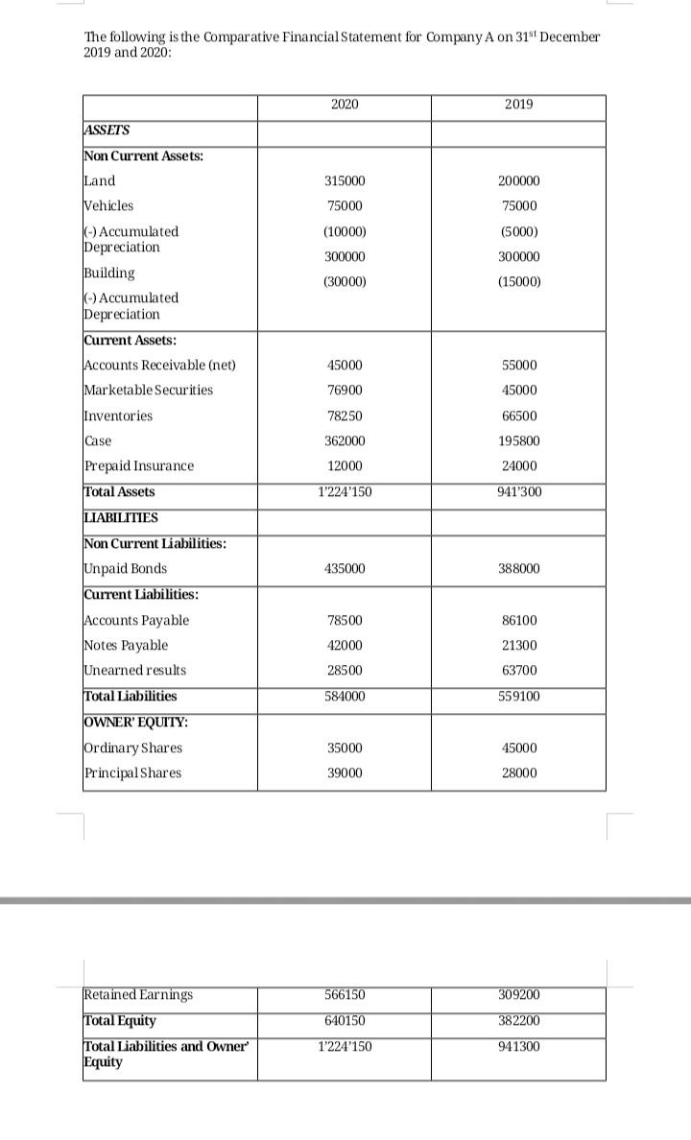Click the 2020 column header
(x=344, y=104)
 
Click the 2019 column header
(x=518, y=104)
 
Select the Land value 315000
(x=344, y=181)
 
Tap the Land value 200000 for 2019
(x=519, y=181)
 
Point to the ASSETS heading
(x=107, y=131)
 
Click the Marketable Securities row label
(x=149, y=390)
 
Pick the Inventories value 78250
(x=344, y=416)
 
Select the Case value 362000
(x=344, y=440)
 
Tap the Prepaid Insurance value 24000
(x=519, y=465)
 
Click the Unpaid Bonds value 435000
(x=344, y=569)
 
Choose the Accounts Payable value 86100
(x=519, y=621)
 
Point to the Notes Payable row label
(x=126, y=645)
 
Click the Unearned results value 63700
(x=519, y=670)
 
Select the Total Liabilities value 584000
(x=344, y=696)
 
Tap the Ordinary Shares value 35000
(x=344, y=748)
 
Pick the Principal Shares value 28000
(x=519, y=773)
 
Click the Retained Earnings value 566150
(x=344, y=995)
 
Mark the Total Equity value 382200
(x=519, y=1020)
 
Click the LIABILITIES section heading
(x=121, y=518)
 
